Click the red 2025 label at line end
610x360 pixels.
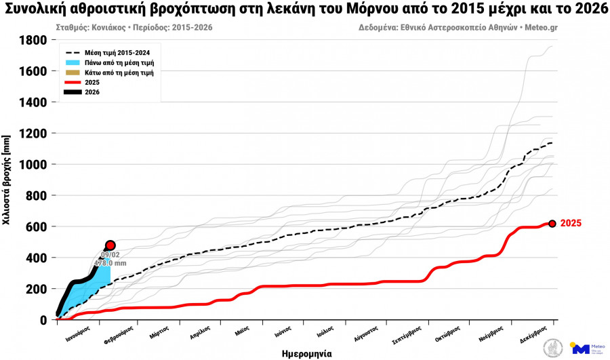click(571, 223)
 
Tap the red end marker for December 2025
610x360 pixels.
click(552, 223)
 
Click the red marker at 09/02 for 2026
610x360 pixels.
click(110, 245)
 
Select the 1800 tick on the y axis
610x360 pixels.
click(33, 41)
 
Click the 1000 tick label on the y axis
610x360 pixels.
click(33, 165)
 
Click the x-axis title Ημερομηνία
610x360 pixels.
click(306, 353)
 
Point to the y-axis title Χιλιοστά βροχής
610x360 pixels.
click(7, 180)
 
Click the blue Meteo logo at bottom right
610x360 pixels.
click(581, 348)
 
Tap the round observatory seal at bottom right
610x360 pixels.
click(553, 348)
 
